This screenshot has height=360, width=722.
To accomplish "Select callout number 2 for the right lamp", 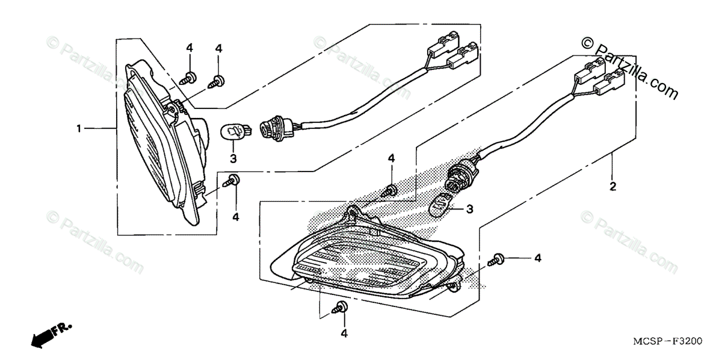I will point(612,187).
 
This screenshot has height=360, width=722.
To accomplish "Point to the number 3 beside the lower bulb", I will point(470,209).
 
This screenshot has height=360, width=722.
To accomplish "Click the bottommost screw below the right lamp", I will point(341,308).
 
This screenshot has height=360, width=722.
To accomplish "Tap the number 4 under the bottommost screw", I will point(344,333).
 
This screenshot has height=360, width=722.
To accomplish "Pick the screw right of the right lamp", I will point(497,259).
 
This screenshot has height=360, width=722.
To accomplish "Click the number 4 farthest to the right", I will point(537,258).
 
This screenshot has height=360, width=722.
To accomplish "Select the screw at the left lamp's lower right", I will point(232,180).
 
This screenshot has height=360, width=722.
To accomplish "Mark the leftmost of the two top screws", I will point(188,77).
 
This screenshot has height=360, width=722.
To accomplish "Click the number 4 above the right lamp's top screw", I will point(391,158).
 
